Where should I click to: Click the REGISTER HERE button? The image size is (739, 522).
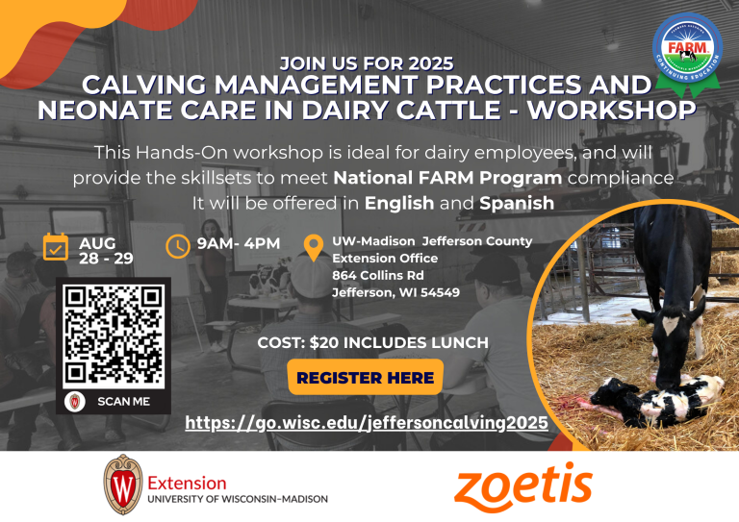click(366, 378)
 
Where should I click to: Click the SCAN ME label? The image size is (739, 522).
click(123, 402)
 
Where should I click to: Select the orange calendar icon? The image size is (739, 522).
click(56, 247)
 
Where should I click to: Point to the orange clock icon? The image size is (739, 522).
click(178, 246)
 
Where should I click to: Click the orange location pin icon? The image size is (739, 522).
click(313, 247)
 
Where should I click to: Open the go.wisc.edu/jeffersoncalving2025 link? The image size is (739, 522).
click(367, 423)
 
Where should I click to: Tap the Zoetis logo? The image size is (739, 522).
click(522, 485)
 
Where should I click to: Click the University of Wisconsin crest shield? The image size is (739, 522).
click(122, 485)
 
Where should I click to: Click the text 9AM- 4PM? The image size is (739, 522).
click(239, 243)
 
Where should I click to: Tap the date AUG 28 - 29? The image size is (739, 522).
click(106, 251)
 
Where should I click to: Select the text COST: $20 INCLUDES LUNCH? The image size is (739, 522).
click(373, 342)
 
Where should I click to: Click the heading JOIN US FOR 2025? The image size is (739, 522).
click(366, 63)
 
